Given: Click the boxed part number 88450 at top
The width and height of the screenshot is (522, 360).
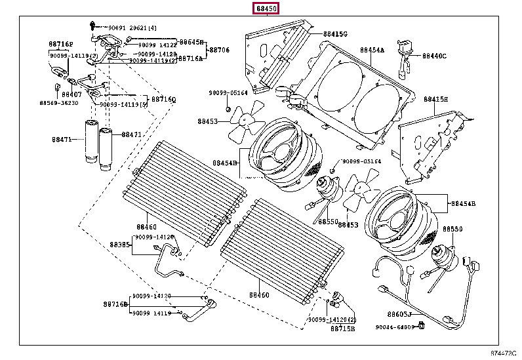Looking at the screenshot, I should click(267, 8).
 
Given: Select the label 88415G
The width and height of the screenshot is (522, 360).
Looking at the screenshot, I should click(335, 33).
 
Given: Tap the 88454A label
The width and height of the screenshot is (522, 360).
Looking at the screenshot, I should click(372, 50).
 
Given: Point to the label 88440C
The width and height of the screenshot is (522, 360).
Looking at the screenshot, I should click(434, 56).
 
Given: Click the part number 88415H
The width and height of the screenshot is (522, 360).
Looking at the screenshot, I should click(435, 99).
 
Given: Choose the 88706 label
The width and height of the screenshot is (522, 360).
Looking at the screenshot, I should click(219, 50).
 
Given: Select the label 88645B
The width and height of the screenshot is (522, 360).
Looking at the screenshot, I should click(192, 41).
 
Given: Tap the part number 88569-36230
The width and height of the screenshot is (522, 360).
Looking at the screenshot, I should click(58, 103).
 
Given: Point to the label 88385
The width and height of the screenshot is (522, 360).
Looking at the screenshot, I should click(120, 245).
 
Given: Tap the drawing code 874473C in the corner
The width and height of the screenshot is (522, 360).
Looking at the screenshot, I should click(504, 354).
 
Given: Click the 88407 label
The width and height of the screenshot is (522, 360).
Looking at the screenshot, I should click(71, 94).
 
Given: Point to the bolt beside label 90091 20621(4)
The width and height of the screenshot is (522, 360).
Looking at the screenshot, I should click(94, 27).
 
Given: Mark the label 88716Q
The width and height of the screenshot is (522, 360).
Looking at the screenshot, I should click(164, 100).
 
